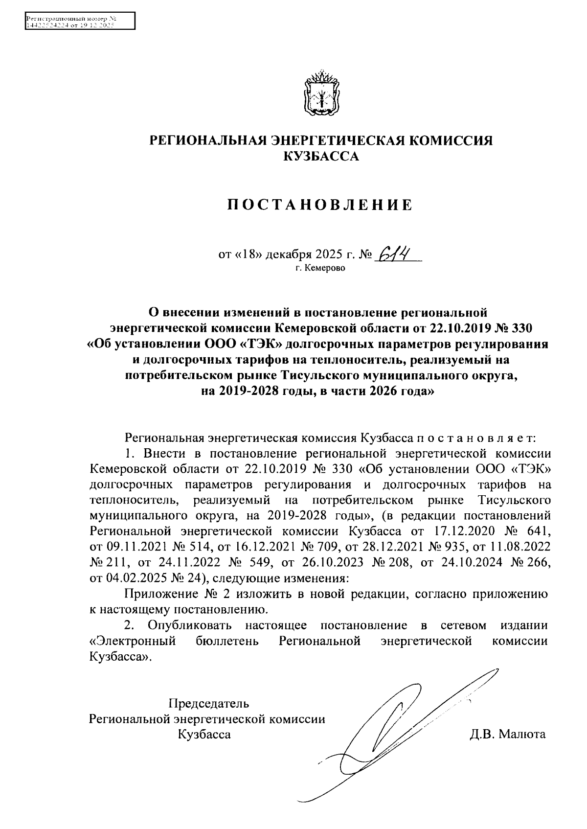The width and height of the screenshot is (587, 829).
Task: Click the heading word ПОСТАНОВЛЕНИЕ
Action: click(321, 205)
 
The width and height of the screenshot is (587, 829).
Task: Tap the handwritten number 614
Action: click(394, 254)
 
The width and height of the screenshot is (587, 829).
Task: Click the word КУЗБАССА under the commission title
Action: click(321, 157)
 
